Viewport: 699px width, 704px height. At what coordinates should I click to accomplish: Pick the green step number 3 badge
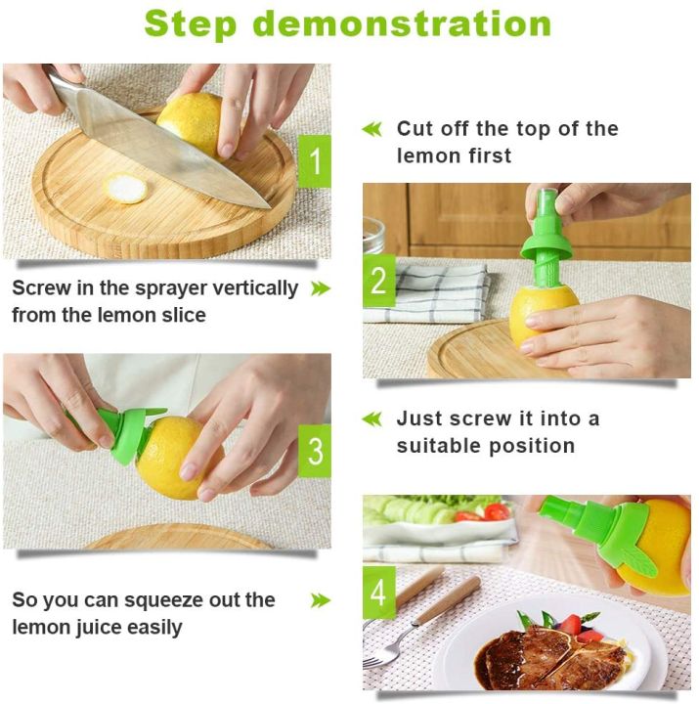314,452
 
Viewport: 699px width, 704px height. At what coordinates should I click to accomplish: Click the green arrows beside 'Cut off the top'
372,129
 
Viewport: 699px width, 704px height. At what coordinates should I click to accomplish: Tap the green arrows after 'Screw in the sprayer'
320,288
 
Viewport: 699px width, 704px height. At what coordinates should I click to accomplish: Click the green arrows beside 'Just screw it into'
372,419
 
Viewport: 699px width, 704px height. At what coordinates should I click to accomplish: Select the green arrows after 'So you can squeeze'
320,600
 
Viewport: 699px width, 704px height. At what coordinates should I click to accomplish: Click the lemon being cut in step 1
191,121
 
